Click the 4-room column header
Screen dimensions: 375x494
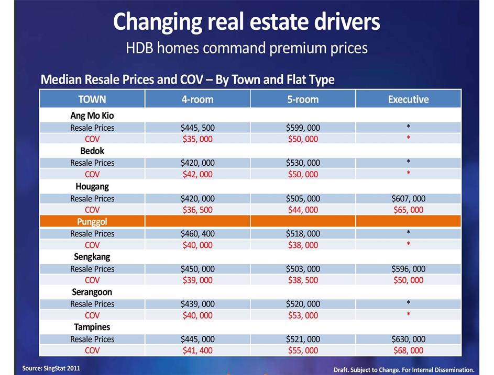[197, 99]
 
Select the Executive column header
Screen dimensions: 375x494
[408, 99]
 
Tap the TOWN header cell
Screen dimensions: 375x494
[92, 99]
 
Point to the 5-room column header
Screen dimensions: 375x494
[303, 99]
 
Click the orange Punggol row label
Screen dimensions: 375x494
[92, 222]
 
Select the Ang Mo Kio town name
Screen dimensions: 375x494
[92, 116]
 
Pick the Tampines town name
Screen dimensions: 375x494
[92, 327]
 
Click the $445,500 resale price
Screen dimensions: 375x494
[197, 128]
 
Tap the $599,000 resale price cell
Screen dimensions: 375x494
[303, 128]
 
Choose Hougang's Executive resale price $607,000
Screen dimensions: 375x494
[408, 199]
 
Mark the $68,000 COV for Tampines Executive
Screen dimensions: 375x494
[408, 350]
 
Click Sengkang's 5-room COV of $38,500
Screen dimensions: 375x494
[303, 280]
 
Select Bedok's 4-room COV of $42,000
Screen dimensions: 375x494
[197, 174]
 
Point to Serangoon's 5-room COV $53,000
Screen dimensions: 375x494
[303, 315]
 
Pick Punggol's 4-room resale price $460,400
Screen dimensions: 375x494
[197, 234]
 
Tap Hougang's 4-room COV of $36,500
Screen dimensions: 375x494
[197, 210]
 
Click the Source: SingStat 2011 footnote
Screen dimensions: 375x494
[51, 368]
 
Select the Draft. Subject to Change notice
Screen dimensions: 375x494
[404, 369]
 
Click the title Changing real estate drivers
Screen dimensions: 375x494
[247, 22]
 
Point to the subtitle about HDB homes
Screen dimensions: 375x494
[247, 48]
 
